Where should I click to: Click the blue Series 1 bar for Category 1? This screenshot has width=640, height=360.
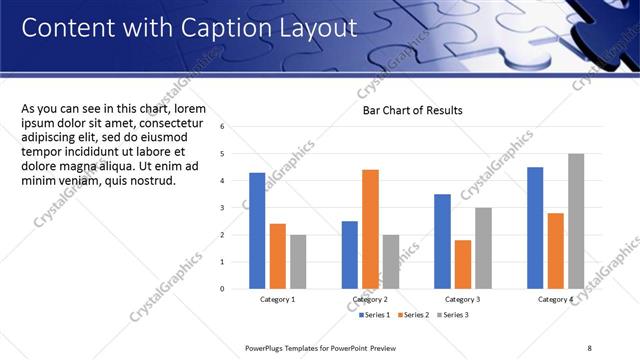pos(257,231)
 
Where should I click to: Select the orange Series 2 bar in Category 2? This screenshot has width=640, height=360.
pos(370,229)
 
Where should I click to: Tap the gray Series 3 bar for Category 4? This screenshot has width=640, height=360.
pos(575,221)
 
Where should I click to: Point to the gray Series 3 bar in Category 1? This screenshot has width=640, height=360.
pos(298,262)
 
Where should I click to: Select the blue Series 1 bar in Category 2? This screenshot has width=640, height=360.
pos(349,255)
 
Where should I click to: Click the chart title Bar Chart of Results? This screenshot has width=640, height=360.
pos(412,110)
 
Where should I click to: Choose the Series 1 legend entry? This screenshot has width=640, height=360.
pos(376,315)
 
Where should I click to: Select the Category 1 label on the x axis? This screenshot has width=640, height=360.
pos(277,299)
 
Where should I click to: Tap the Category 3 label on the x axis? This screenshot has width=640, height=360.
pos(462,299)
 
